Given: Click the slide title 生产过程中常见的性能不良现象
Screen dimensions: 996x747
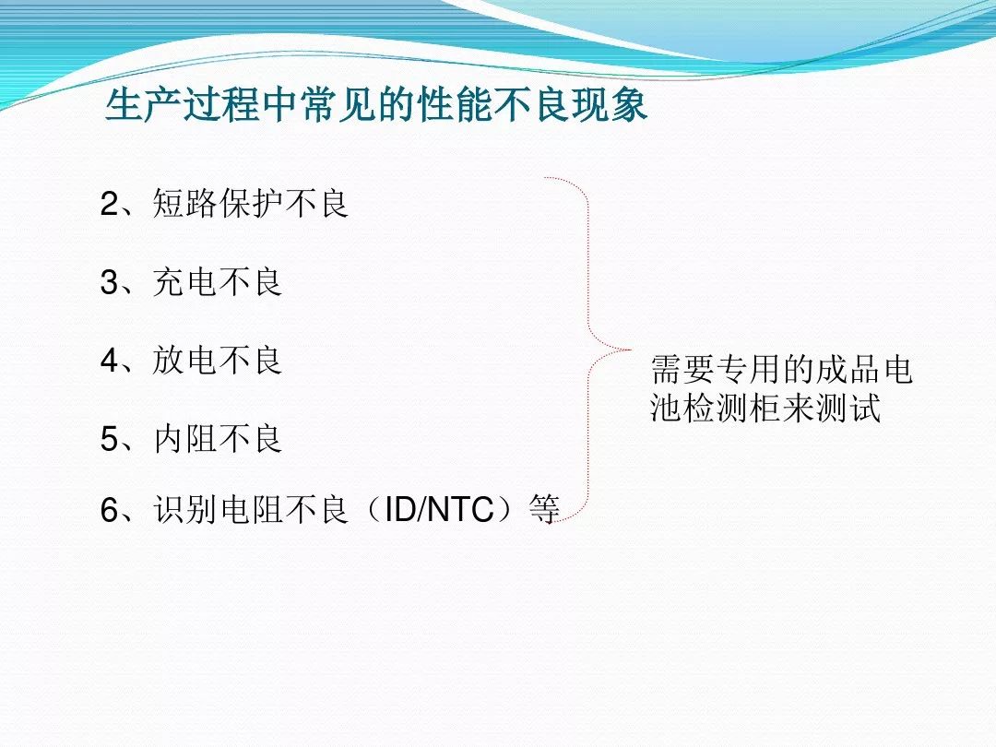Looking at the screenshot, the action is click(x=376, y=105).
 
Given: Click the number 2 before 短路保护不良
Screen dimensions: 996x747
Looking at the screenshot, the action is click(x=109, y=204).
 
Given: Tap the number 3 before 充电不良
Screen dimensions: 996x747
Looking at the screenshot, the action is click(x=109, y=282).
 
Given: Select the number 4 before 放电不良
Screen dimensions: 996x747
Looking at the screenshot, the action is click(x=109, y=361).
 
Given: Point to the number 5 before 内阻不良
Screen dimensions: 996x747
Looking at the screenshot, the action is click(x=109, y=439).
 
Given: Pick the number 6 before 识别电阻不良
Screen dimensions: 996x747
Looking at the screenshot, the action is click(x=109, y=510).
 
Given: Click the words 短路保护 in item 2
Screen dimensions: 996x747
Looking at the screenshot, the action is click(x=218, y=204).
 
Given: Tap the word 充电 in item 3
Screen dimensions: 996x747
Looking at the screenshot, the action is click(x=184, y=282).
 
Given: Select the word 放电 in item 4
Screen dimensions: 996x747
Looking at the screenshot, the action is click(x=184, y=361).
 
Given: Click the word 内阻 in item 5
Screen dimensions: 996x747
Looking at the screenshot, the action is click(x=184, y=439).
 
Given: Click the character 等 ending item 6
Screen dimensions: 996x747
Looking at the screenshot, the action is click(x=544, y=510).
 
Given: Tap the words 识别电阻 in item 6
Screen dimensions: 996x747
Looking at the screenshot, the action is click(x=218, y=510).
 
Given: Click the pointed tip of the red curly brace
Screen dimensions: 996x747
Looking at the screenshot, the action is click(x=630, y=350).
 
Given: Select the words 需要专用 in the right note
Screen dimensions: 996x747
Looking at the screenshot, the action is click(x=716, y=370).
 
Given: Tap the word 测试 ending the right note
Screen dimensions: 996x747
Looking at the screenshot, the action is click(x=848, y=408).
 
